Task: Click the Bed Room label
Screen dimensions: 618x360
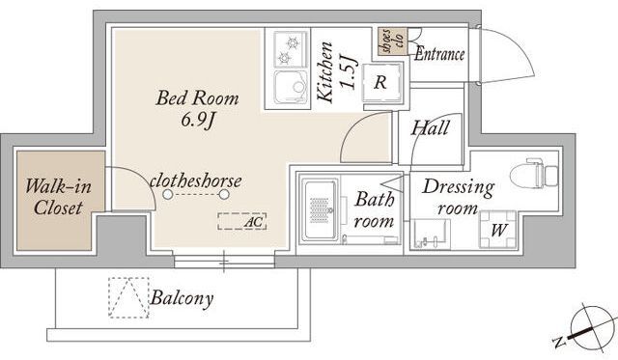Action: point(197,98)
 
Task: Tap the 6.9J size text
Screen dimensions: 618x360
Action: point(197,120)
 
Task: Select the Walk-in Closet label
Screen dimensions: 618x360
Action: point(58,197)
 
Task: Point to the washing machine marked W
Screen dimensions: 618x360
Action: point(497,230)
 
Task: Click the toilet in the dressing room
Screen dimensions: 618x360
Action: point(534,174)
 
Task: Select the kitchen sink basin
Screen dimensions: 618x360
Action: point(291,88)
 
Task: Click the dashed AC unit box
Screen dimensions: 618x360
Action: point(242,221)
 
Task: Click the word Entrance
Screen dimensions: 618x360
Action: point(439,54)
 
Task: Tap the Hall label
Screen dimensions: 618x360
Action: point(430,128)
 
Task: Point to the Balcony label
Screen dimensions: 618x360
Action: point(182,298)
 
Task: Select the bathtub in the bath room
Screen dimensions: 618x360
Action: point(320,209)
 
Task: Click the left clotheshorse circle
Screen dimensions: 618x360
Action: point(167,195)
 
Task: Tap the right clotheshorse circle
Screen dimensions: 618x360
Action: point(224,195)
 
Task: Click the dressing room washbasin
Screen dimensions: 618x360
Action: point(431,234)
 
